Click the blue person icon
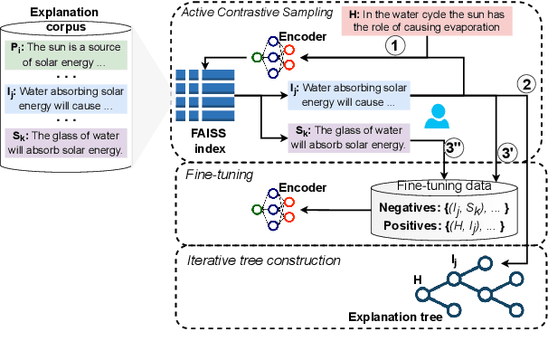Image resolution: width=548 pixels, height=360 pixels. pyautogui.click(x=438, y=117)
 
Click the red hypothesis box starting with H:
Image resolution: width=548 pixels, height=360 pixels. pyautogui.click(x=426, y=22)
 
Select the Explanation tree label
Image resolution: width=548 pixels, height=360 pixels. pyautogui.click(x=394, y=318)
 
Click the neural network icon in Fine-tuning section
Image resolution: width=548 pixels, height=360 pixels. pyautogui.click(x=268, y=207)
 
